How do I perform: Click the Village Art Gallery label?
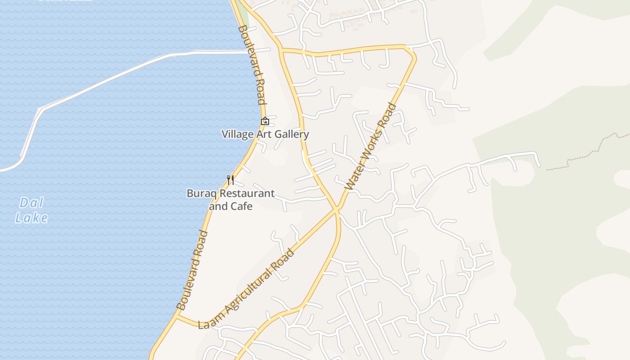click(265, 134)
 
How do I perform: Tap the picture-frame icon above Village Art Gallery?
click(265, 121)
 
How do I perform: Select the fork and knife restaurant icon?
click(230, 180)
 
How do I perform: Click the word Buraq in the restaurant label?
click(201, 193)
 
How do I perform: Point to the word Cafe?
click(241, 207)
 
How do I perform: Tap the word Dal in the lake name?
click(31, 203)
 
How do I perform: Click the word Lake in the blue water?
click(31, 218)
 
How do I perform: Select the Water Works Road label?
click(371, 146)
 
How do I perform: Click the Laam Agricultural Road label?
click(247, 288)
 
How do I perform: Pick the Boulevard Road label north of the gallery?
click(252, 65)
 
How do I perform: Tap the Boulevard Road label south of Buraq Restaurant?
click(192, 270)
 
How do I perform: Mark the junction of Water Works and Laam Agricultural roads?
click(337, 209)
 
